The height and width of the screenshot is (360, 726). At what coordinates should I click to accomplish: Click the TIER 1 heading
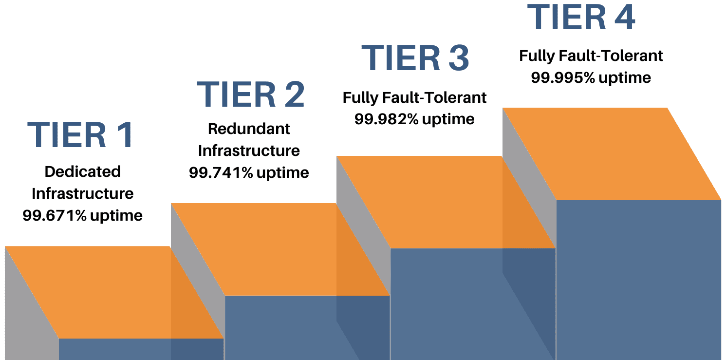point(80,134)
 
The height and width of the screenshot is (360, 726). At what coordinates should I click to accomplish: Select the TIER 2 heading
point(251,95)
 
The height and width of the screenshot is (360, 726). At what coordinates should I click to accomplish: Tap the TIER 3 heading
point(415,58)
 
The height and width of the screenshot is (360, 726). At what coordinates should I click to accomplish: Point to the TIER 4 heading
point(581,17)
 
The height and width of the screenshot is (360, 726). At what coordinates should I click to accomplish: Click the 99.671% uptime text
point(82,216)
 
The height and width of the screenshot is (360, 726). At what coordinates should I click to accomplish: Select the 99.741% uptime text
point(249,172)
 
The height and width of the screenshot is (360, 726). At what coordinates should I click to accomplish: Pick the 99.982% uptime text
point(414,119)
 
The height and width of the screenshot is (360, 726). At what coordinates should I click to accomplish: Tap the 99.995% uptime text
point(591,77)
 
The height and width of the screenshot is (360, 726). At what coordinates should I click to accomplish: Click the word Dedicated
point(83,171)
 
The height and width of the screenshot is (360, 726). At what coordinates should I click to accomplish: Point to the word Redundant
point(249,129)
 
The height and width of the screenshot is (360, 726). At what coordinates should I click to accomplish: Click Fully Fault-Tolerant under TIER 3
point(414,97)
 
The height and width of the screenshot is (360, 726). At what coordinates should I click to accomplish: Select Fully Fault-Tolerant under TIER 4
point(591,56)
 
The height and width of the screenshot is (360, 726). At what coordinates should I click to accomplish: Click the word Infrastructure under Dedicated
point(83,193)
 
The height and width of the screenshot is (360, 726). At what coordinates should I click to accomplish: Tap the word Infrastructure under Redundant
point(249,151)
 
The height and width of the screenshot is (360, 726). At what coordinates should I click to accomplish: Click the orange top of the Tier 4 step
point(612,154)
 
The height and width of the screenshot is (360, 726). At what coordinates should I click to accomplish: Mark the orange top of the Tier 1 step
point(114,292)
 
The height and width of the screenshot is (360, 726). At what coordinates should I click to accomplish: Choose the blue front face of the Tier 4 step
point(638,280)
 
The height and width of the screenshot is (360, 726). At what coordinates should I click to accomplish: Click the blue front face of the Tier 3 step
point(473,304)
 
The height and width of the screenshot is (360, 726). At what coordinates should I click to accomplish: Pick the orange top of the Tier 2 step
point(280,249)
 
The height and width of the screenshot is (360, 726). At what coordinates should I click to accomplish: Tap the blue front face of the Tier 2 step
point(307,327)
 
